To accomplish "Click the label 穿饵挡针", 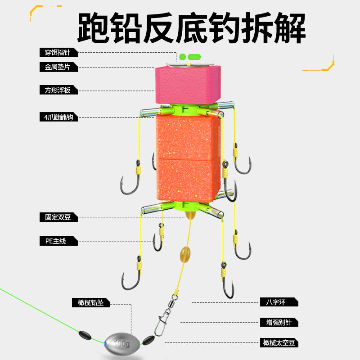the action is point(58,53).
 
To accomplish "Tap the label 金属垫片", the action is point(58,67).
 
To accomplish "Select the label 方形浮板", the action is point(58,90).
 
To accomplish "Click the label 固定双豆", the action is point(58,217).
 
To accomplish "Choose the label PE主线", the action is point(58,241).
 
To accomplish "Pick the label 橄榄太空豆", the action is point(279,342).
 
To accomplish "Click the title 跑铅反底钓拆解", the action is point(191,27).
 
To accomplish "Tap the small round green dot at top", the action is point(182,57).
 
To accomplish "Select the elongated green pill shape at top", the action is point(194,57).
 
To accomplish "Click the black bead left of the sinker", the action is point(84,335).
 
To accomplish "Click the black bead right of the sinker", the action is point(148,339).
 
